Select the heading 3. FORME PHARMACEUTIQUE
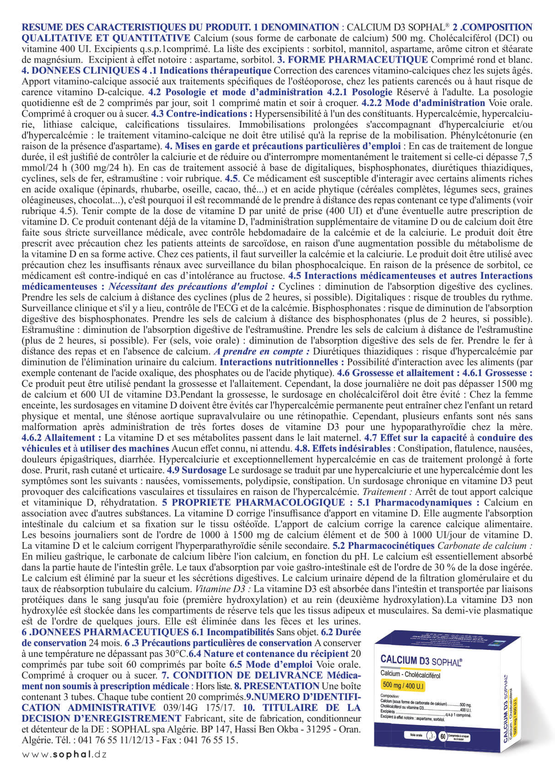point(353,59)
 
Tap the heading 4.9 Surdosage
point(197,470)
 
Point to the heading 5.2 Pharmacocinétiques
point(383,546)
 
